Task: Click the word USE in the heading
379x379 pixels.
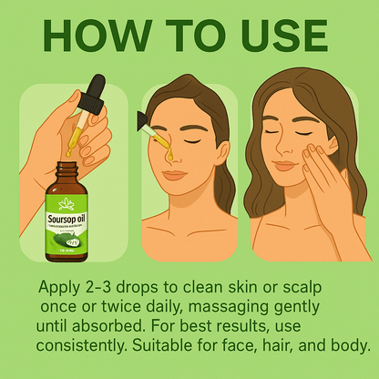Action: click(x=272, y=37)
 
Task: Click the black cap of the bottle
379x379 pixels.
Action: click(x=76, y=170)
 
